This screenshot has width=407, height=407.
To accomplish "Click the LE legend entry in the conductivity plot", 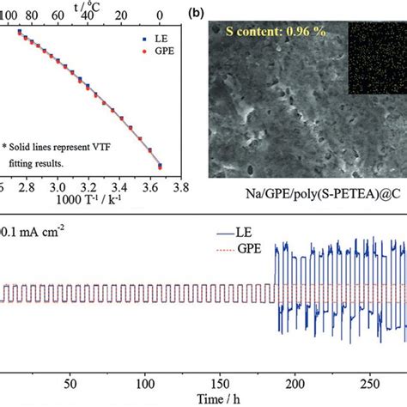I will pyautogui.click(x=150, y=39).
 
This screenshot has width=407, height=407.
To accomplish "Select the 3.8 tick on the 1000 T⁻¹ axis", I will pyautogui.click(x=184, y=185).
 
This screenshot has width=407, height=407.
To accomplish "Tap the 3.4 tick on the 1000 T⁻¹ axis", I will pyautogui.click(x=120, y=185).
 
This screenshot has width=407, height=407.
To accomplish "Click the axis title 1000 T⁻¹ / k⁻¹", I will pyautogui.click(x=88, y=200).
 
